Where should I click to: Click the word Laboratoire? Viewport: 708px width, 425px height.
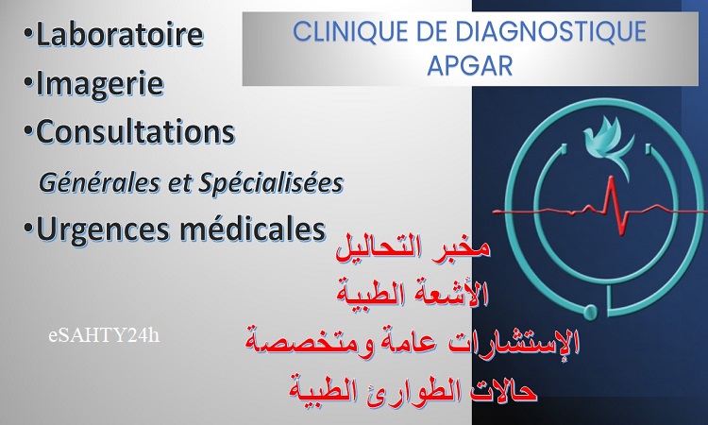(120, 34)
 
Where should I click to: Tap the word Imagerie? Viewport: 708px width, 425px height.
(99, 84)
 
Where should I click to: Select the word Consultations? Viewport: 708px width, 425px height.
(135, 132)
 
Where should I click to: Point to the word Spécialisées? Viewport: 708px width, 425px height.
(271, 184)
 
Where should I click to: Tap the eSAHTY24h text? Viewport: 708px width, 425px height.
(104, 336)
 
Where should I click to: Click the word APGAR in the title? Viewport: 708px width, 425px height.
(470, 66)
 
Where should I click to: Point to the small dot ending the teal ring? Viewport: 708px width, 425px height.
(590, 311)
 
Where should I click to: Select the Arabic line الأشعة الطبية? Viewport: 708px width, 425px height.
(413, 295)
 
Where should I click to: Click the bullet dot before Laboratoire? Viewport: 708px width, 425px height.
(29, 33)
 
